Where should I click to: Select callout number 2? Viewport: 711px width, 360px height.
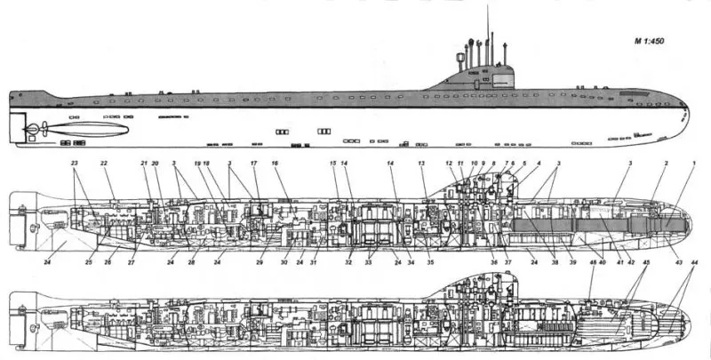coord(664,164)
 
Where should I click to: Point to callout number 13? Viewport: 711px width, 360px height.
coord(422,164)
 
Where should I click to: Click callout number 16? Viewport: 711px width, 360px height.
coord(275,164)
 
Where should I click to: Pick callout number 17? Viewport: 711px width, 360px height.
coord(253,164)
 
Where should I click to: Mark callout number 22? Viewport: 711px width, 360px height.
coord(104,164)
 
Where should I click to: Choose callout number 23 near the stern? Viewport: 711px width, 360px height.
coord(75,164)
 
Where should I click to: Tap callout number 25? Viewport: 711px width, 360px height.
coord(89,262)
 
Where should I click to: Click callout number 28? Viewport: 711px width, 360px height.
coord(190,262)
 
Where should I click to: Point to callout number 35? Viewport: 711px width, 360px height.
coord(429,262)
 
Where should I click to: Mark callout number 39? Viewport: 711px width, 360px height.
coord(572,262)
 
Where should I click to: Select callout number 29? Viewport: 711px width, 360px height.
coord(260,262)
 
